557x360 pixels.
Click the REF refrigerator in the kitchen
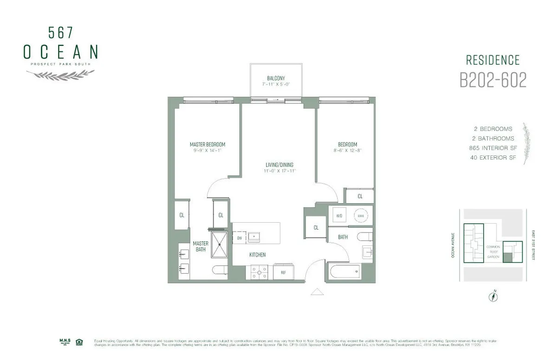tap(283, 272)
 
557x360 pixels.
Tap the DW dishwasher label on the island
tap(240, 238)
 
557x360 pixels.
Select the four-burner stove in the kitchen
tap(258, 272)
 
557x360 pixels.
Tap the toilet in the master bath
tap(219, 270)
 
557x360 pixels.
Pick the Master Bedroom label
tap(207, 145)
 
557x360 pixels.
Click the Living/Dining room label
tap(279, 165)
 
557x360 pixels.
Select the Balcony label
tap(276, 78)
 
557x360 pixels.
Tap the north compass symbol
tap(493, 296)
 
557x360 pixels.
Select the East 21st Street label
tap(533, 244)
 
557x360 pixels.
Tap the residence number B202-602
tap(493, 80)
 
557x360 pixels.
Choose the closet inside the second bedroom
tap(360, 196)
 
